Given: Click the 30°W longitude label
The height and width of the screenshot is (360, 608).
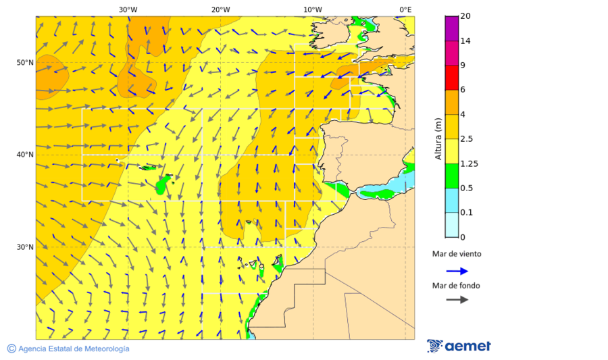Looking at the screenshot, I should pos(128,9).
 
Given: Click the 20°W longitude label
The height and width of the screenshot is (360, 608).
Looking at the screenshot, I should pos(220,9).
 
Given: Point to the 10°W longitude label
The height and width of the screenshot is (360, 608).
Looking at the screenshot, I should pos(312,9).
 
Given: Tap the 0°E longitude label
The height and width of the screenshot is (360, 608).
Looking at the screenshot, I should pos(405,9).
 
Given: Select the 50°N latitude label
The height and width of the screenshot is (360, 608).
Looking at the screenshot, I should pos(25,63).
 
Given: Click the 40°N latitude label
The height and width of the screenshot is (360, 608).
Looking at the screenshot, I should pos(25,155).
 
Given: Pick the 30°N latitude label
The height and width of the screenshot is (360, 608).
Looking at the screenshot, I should pos(25,247).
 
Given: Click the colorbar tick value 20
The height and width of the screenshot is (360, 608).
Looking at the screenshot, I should pos(465,16).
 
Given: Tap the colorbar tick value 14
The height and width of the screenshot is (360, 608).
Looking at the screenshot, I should pos(465,41).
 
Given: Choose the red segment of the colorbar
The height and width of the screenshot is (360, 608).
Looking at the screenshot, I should pos(452,78).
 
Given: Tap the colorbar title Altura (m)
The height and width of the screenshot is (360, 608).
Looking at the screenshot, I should pos(438,138).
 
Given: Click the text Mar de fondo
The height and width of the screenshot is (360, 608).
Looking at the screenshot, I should pos(456,286).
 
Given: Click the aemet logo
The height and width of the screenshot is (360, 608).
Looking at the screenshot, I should pos(459,346).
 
